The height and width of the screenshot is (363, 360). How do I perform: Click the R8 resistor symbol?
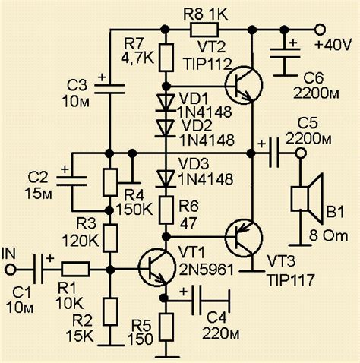click(204, 30)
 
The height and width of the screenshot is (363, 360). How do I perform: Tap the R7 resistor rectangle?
click(166, 58)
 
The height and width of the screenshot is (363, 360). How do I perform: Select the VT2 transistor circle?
click(244, 85)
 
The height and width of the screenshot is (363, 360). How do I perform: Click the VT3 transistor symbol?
click(244, 238)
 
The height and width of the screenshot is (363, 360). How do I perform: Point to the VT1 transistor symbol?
click(157, 268)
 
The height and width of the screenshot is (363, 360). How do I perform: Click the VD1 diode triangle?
click(166, 103)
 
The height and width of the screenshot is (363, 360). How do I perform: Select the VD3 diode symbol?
click(166, 179)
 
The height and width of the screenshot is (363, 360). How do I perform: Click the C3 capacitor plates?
click(109, 90)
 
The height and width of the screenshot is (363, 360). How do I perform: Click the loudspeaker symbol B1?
click(308, 199)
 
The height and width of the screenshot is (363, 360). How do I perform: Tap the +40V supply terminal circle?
click(320, 30)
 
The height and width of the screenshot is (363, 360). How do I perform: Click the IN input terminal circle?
click(11, 270)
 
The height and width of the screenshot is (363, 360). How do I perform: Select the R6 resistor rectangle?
click(166, 210)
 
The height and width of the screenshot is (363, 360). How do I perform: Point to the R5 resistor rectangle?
click(166, 327)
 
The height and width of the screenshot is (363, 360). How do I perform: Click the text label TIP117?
click(291, 279)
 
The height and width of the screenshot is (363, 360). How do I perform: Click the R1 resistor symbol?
click(75, 269)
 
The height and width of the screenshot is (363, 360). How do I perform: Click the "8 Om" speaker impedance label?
click(328, 236)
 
